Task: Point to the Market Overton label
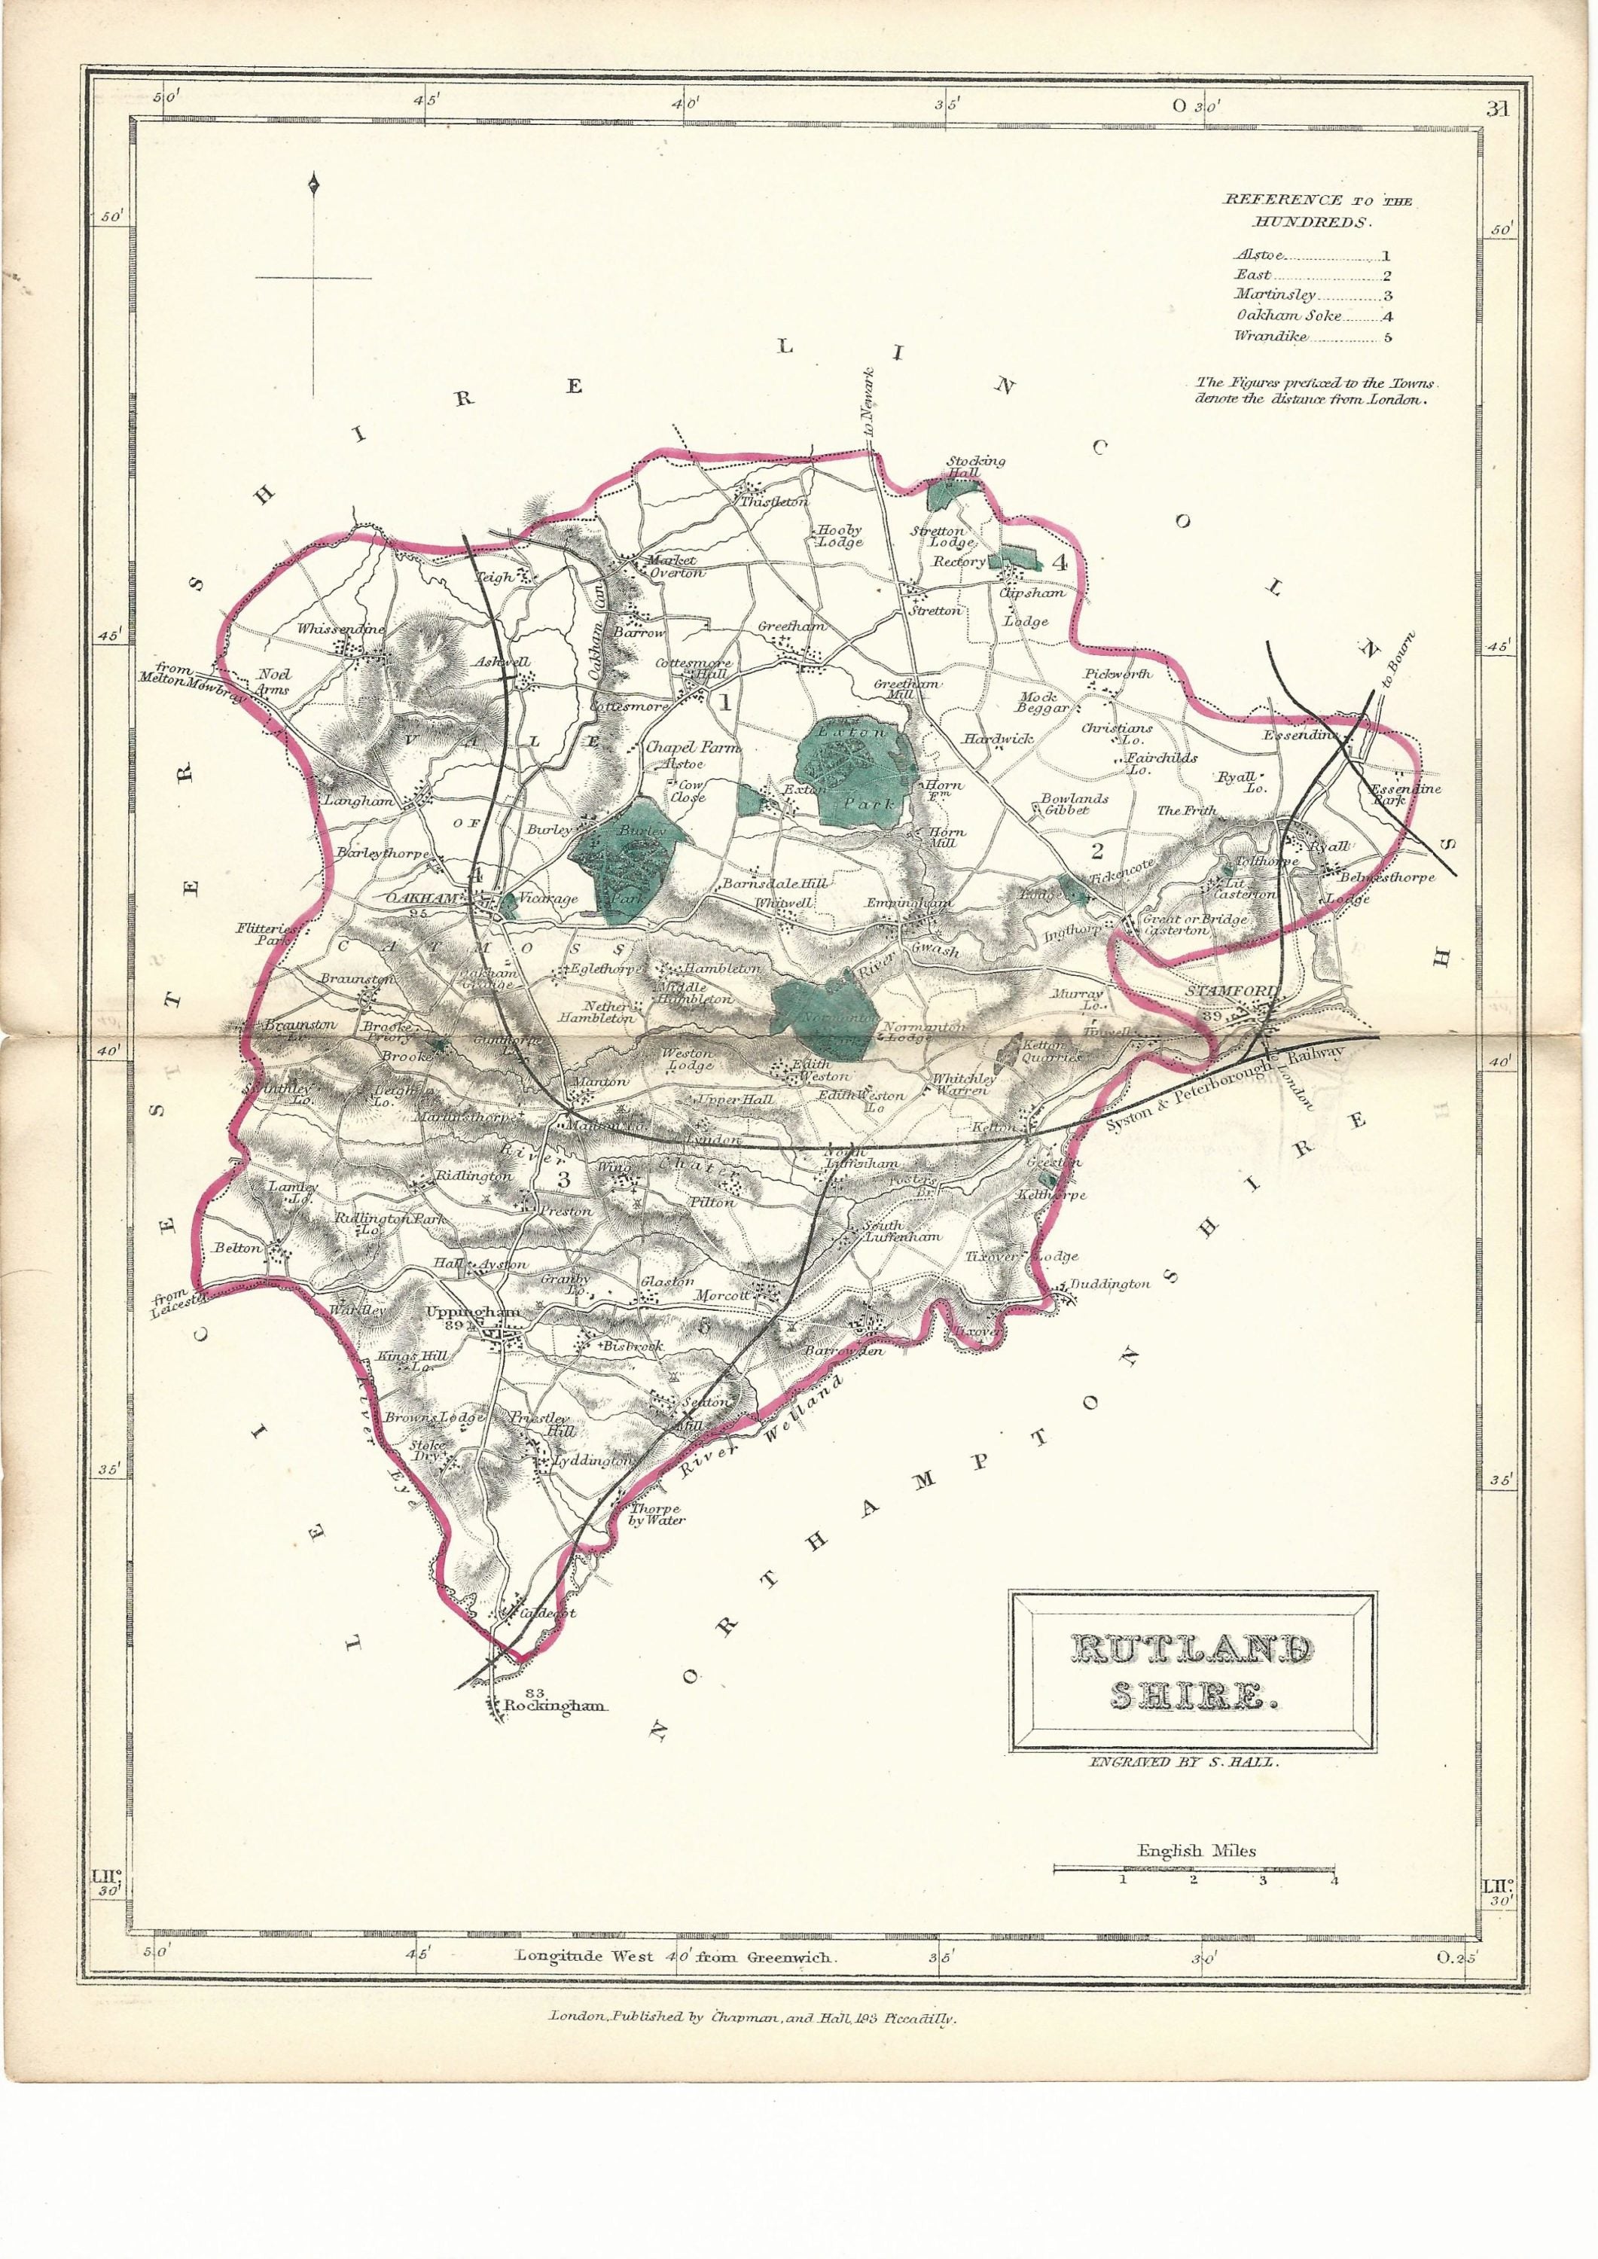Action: coord(672,567)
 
